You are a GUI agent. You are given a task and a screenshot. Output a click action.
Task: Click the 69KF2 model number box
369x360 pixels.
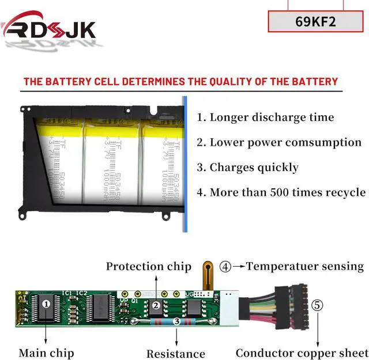pyautogui.click(x=315, y=21)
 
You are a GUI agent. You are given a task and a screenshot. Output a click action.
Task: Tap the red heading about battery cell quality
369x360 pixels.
pyautogui.click(x=180, y=81)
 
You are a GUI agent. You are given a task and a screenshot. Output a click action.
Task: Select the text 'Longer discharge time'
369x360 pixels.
pyautogui.click(x=271, y=117)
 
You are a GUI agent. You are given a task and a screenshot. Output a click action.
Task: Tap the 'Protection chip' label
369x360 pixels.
pyautogui.click(x=148, y=266)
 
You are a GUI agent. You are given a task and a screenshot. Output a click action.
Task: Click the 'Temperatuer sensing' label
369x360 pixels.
pyautogui.click(x=305, y=266)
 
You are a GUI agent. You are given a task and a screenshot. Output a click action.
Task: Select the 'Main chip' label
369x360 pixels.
pyautogui.click(x=46, y=353)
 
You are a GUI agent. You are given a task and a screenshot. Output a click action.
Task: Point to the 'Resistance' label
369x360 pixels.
pyautogui.click(x=175, y=354)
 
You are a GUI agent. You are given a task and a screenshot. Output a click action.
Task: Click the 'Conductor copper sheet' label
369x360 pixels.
pyautogui.click(x=301, y=353)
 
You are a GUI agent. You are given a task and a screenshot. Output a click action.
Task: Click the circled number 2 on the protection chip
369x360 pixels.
pyautogui.click(x=155, y=306)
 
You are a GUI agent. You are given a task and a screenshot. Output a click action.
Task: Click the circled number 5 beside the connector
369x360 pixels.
pyautogui.click(x=317, y=305)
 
